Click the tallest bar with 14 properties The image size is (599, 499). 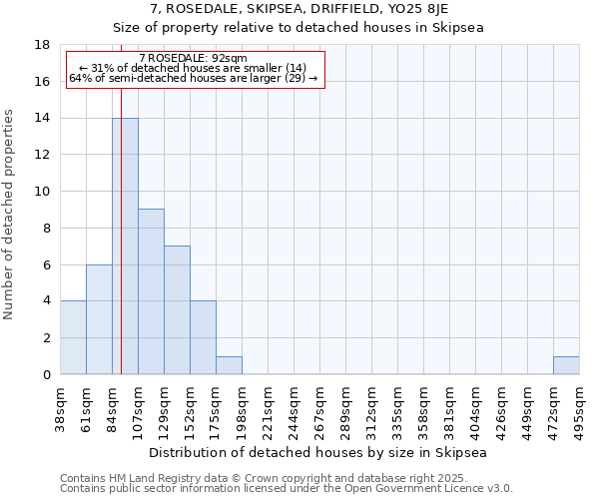tap(125, 246)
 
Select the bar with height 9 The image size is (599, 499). tap(151, 291)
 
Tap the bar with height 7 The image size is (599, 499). tap(177, 309)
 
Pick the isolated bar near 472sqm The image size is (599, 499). tap(566, 365)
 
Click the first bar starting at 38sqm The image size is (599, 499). tap(73, 337)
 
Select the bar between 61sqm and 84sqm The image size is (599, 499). tap(99, 319)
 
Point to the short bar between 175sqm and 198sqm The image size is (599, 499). tap(229, 365)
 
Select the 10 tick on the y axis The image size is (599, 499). tap(42, 192)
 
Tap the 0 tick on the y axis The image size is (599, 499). tap(46, 374)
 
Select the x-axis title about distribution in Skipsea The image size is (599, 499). tap(319, 452)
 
